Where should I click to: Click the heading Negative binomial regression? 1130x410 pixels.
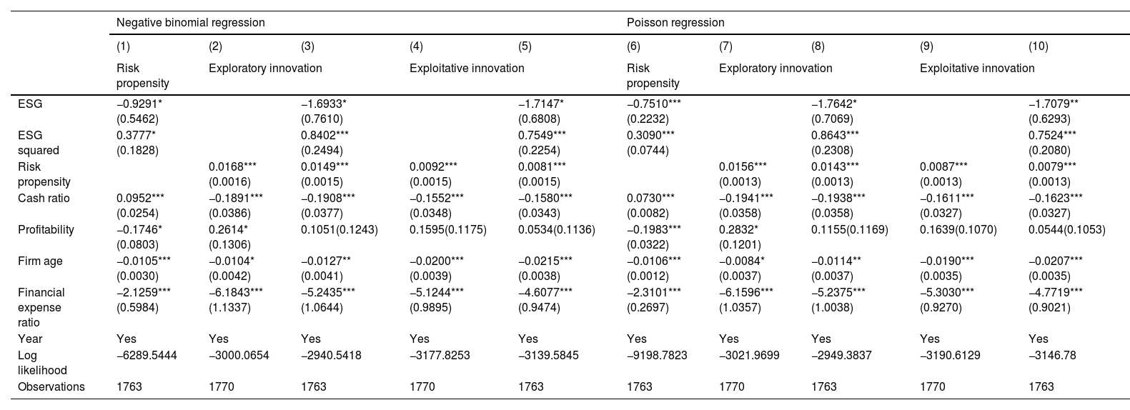coord(190,23)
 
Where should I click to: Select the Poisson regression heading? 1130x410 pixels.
coord(675,23)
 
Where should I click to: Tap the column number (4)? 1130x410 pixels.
coord(416,46)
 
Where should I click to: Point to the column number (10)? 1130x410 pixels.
coord(1039,46)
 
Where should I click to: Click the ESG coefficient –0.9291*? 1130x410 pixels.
coord(139,104)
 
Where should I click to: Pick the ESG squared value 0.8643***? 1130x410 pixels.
coord(835,135)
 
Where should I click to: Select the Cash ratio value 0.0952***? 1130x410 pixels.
coord(140,198)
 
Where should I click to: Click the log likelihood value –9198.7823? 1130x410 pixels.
coord(657,356)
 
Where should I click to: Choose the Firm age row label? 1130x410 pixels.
coord(40,261)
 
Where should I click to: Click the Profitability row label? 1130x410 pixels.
coord(46,230)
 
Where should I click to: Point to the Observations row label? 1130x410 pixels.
coord(51,387)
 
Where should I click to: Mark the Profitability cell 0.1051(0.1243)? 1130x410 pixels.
coord(339,230)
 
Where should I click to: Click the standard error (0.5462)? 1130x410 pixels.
coord(137,119)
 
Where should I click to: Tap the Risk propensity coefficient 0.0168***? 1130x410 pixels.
coord(232,166)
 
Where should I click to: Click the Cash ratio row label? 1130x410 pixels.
coord(44,198)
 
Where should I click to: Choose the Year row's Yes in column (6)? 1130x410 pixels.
coord(637,339)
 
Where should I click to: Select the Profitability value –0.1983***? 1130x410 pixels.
coord(654,230)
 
